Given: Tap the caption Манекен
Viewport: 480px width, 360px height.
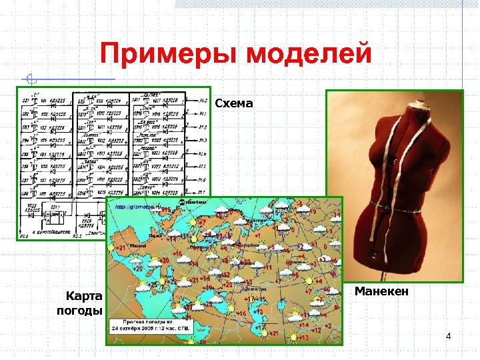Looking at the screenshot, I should (x=382, y=291).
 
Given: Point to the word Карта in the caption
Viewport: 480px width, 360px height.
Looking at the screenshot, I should (x=84, y=296).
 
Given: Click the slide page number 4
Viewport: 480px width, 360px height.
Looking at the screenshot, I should (x=448, y=336).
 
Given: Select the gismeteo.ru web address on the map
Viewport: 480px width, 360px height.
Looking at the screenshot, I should (x=137, y=207).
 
